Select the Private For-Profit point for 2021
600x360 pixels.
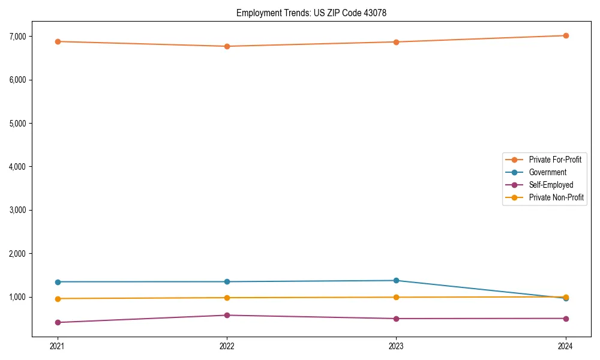[58, 41]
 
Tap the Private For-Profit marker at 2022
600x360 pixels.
[227, 46]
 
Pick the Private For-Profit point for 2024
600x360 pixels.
[566, 35]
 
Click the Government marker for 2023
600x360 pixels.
[396, 280]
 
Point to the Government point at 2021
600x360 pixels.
[58, 282]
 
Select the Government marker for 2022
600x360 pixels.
[227, 281]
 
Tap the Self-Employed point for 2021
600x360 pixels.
[58, 322]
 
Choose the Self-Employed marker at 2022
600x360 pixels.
[227, 315]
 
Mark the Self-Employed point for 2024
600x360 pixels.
[566, 318]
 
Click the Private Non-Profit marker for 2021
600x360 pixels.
[58, 299]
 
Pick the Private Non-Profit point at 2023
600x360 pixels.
[396, 297]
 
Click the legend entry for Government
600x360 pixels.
[547, 172]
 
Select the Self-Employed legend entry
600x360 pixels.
[551, 185]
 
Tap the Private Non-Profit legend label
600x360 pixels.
[556, 197]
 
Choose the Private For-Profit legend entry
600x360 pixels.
[555, 160]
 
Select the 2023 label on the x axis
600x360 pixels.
[396, 346]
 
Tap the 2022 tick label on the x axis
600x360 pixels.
[227, 346]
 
